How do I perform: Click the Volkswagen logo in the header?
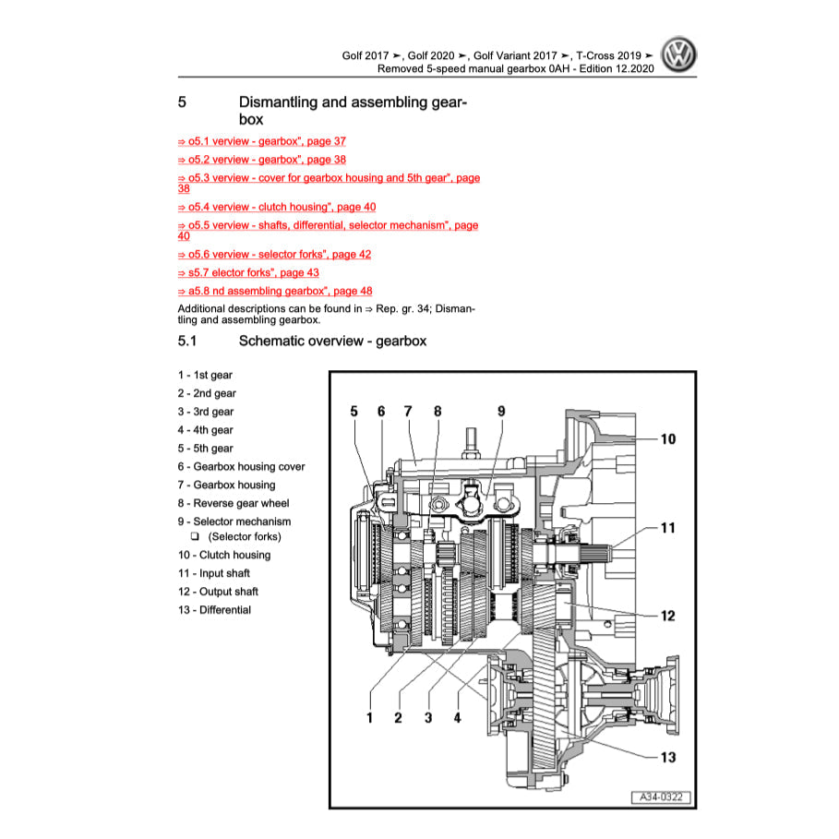pyautogui.click(x=680, y=57)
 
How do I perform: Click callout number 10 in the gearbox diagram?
pyautogui.click(x=666, y=438)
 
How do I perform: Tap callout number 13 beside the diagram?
pyautogui.click(x=666, y=758)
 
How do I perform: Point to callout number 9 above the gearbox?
pyautogui.click(x=501, y=412)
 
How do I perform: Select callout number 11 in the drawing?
pyautogui.click(x=666, y=529)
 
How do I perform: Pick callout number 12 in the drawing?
pyautogui.click(x=666, y=616)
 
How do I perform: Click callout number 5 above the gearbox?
pyautogui.click(x=354, y=412)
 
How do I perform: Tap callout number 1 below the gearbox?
pyautogui.click(x=369, y=717)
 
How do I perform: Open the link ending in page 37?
pyautogui.click(x=261, y=141)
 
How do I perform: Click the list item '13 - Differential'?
pyautogui.click(x=214, y=610)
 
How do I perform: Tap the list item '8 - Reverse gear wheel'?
pyautogui.click(x=234, y=503)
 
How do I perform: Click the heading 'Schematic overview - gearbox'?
pyautogui.click(x=332, y=342)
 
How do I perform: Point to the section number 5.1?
pyautogui.click(x=187, y=342)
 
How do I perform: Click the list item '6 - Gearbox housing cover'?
pyautogui.click(x=241, y=467)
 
